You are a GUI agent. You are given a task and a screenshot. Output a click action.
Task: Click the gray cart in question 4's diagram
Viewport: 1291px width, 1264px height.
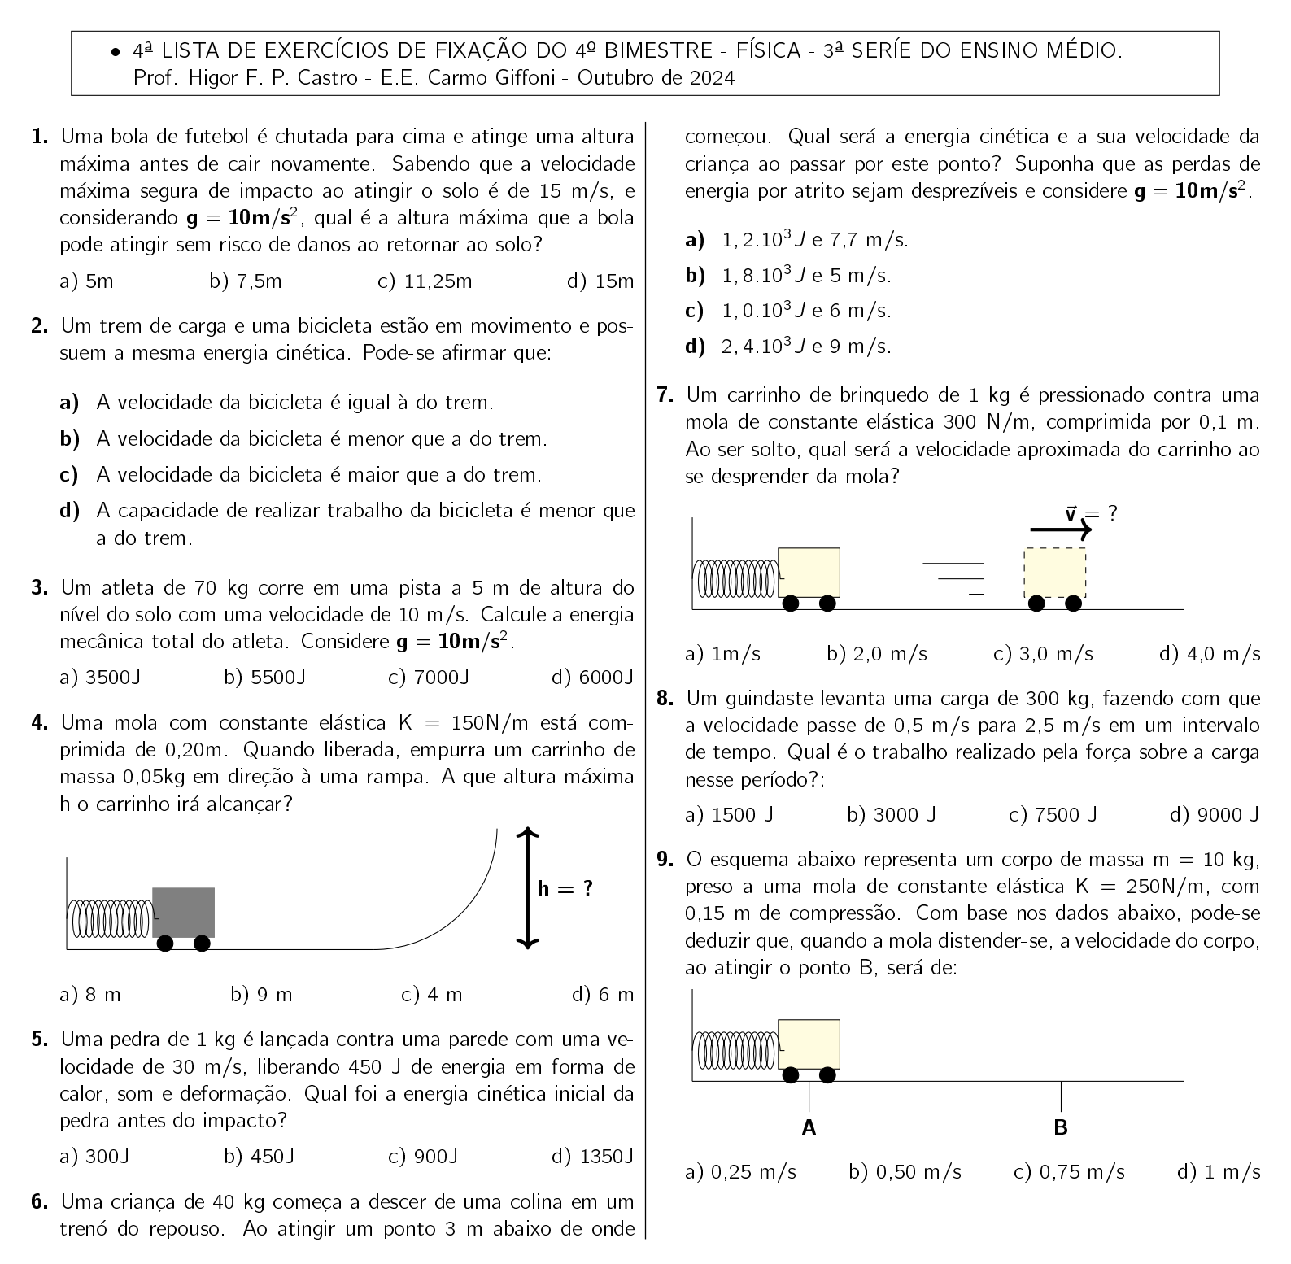(x=184, y=913)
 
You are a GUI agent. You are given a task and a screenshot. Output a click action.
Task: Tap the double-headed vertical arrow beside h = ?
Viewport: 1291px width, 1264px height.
(x=528, y=887)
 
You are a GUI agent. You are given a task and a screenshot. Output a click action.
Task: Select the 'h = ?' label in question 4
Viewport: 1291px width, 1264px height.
(x=565, y=888)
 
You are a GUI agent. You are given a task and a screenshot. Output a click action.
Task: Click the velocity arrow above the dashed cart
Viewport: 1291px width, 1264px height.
(x=1060, y=530)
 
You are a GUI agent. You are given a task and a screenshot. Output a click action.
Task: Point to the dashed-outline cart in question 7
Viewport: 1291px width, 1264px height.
(x=1054, y=573)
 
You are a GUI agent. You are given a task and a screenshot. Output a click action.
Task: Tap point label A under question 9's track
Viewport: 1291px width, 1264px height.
(x=809, y=1128)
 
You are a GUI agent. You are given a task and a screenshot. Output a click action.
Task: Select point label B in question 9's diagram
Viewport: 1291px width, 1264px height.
(x=1061, y=1128)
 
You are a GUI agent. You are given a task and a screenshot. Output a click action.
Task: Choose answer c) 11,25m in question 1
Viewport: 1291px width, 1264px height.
(x=425, y=282)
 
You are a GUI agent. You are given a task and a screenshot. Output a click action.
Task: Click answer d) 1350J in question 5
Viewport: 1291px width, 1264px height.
(x=592, y=1156)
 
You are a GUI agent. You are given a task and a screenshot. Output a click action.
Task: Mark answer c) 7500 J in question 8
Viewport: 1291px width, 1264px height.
(x=1053, y=814)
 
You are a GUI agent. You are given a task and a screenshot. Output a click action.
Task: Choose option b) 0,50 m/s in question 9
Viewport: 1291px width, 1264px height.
(x=905, y=1172)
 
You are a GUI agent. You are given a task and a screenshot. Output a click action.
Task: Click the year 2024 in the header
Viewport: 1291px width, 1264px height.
(x=712, y=78)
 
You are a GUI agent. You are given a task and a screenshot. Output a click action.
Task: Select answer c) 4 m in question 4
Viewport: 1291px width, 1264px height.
(x=432, y=994)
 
